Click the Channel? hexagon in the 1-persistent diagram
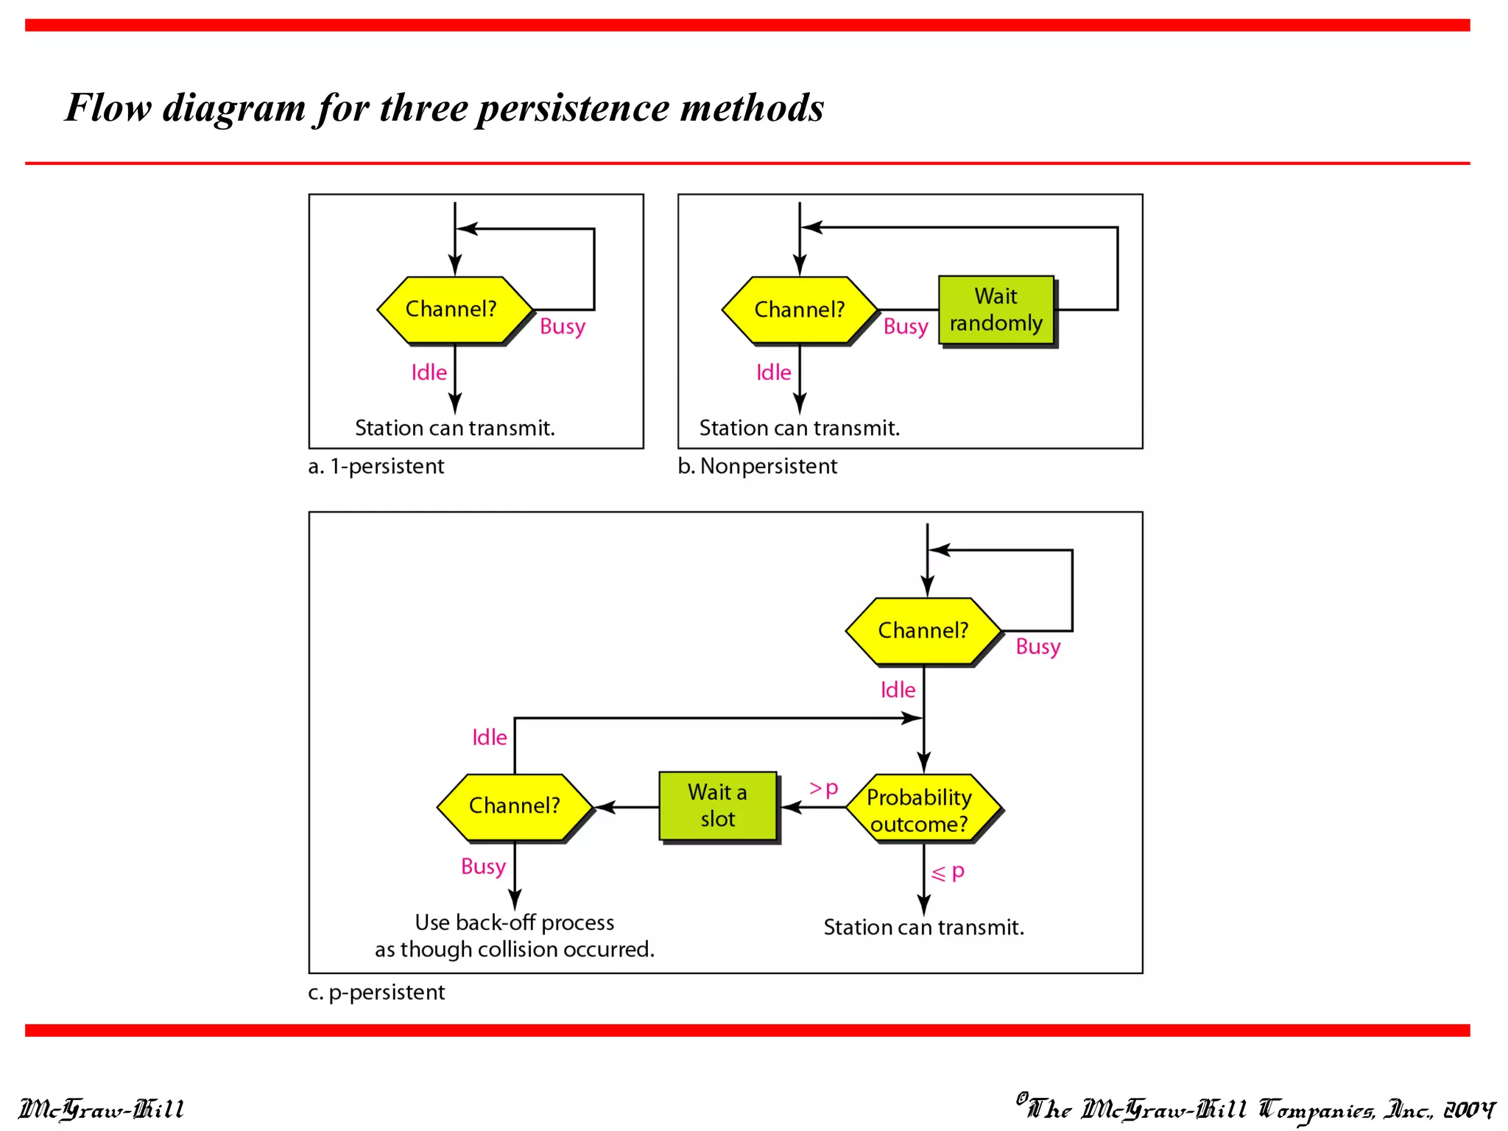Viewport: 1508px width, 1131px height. click(x=454, y=309)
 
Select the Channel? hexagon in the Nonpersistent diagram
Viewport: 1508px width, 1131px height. click(x=799, y=309)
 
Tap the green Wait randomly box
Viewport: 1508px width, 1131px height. click(x=996, y=310)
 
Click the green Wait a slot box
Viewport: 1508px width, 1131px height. click(x=717, y=806)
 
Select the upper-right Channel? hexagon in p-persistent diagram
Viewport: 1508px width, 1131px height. click(x=923, y=631)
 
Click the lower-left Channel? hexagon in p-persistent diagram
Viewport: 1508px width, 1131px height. click(x=514, y=806)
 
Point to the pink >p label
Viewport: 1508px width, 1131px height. click(x=823, y=789)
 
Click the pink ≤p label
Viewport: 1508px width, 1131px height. click(x=948, y=873)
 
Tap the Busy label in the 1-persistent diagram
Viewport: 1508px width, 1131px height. click(x=562, y=326)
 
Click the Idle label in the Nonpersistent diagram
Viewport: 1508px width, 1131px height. click(x=773, y=373)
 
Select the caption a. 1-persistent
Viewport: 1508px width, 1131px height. click(x=376, y=466)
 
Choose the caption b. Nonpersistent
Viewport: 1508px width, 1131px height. click(x=757, y=466)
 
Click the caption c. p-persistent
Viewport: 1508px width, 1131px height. click(x=376, y=993)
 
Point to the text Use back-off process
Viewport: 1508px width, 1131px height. click(x=514, y=923)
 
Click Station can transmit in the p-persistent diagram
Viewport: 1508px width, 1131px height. click(x=923, y=927)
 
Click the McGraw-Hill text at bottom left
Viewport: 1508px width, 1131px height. click(x=101, y=1109)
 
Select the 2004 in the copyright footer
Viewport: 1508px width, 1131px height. click(x=1468, y=1109)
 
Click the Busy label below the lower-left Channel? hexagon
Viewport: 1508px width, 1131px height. click(x=483, y=867)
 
